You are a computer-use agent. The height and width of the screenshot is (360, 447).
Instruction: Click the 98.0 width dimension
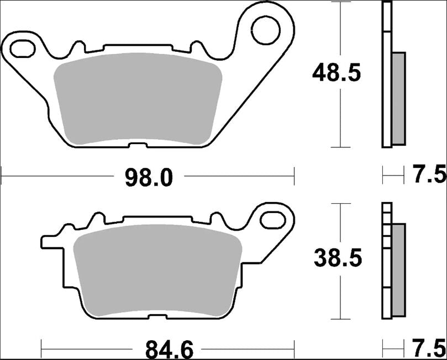click(x=150, y=177)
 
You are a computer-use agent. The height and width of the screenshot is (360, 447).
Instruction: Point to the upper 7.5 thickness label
click(x=429, y=176)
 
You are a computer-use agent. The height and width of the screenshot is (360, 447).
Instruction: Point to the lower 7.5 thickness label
click(x=429, y=349)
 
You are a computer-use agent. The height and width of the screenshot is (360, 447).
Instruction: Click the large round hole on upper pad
click(x=265, y=30)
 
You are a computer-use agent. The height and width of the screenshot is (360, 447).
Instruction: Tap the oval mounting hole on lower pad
click(x=272, y=219)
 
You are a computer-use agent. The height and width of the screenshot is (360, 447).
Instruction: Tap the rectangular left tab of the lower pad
click(x=49, y=242)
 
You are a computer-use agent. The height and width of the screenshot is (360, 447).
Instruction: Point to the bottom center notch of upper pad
click(x=138, y=145)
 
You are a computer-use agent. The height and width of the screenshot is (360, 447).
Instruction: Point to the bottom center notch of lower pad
click(x=156, y=316)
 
